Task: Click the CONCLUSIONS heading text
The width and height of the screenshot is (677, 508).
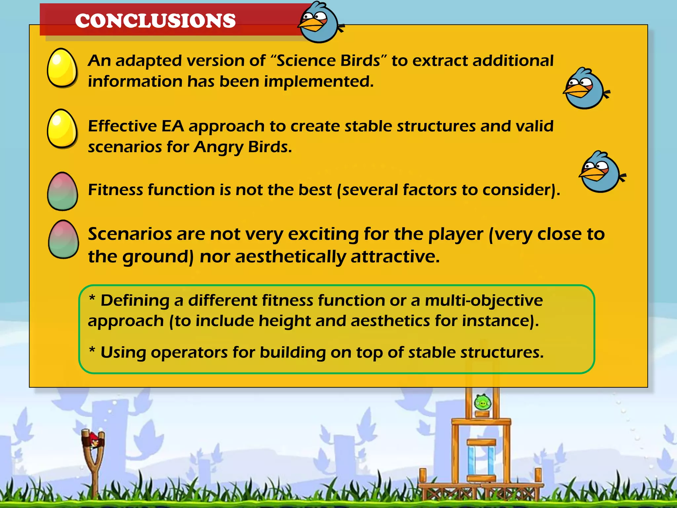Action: [x=155, y=21]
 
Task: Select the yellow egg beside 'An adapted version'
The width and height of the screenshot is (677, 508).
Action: [x=62, y=68]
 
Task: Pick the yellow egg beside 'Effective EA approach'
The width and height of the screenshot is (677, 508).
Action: [x=62, y=129]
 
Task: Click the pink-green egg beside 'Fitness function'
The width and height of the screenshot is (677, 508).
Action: [x=62, y=191]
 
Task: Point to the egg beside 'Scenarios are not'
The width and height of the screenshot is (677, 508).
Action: [x=63, y=239]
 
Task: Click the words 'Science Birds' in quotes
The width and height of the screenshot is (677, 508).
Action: [x=328, y=61]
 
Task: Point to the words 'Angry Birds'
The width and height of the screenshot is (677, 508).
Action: [x=242, y=147]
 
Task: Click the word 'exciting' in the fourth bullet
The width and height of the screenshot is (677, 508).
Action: [x=323, y=234]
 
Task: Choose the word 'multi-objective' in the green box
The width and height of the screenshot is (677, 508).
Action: [x=483, y=301]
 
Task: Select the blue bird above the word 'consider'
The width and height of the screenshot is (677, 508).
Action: [x=601, y=172]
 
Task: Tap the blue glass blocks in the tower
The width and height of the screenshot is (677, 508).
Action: [x=481, y=460]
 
